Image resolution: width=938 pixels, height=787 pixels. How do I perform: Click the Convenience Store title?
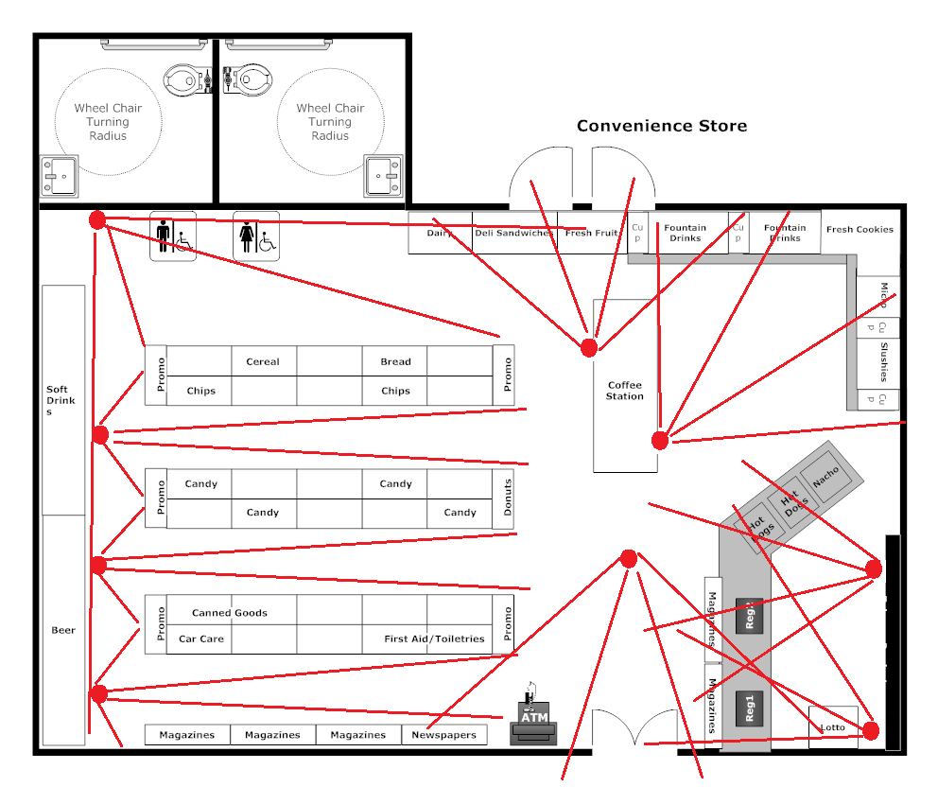click(x=662, y=126)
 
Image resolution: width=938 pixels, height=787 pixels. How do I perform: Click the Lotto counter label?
click(x=833, y=726)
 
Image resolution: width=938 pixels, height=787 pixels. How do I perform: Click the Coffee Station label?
click(x=625, y=391)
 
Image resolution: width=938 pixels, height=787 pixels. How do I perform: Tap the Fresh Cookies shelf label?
click(x=860, y=229)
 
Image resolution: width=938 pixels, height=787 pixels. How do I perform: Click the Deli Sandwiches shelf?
click(x=514, y=233)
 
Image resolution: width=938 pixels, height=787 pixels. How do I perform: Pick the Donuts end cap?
click(x=508, y=498)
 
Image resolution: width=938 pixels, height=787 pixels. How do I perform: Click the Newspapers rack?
click(x=444, y=735)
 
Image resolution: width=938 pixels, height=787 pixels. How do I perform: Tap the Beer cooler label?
click(x=63, y=630)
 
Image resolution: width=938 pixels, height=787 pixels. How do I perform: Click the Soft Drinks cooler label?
click(x=59, y=400)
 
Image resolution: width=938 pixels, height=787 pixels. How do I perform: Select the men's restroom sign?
click(x=172, y=236)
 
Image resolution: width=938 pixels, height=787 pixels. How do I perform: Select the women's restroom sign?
click(x=256, y=236)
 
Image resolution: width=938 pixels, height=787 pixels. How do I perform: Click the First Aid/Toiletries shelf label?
click(x=434, y=638)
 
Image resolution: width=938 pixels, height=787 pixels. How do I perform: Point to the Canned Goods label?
click(x=230, y=613)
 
